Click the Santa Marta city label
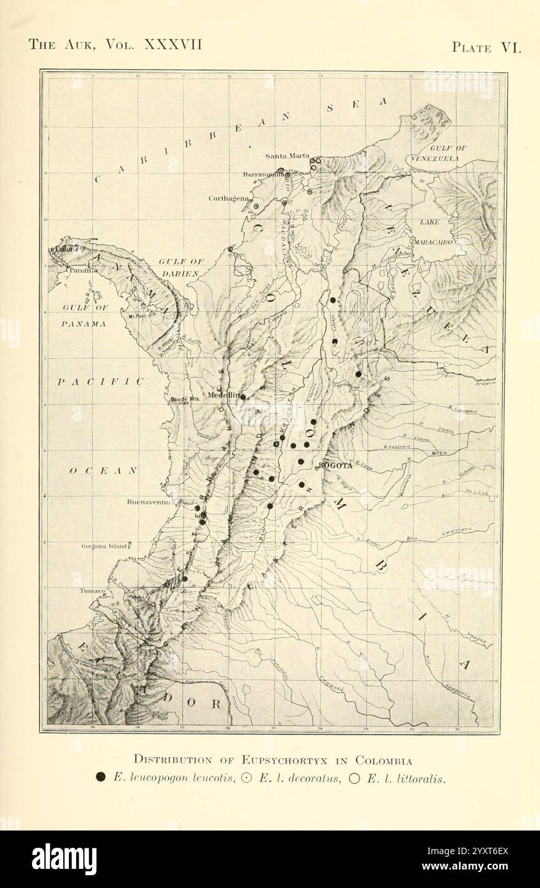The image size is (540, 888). tap(287, 156)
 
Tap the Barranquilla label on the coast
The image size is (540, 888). tap(263, 174)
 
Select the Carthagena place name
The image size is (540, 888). tap(228, 199)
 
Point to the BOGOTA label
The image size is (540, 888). tap(335, 465)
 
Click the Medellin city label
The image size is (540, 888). tap(222, 395)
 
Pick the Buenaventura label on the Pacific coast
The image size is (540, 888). tap(151, 502)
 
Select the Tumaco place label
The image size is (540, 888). tap(93, 591)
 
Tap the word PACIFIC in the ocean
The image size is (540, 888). tap(100, 381)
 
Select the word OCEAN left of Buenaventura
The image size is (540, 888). tap(104, 471)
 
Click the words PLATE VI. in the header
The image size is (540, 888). tap(486, 47)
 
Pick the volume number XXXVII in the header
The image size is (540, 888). tap(173, 44)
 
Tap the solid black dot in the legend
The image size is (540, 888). tap(100, 777)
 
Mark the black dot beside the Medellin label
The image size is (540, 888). tap(243, 397)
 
